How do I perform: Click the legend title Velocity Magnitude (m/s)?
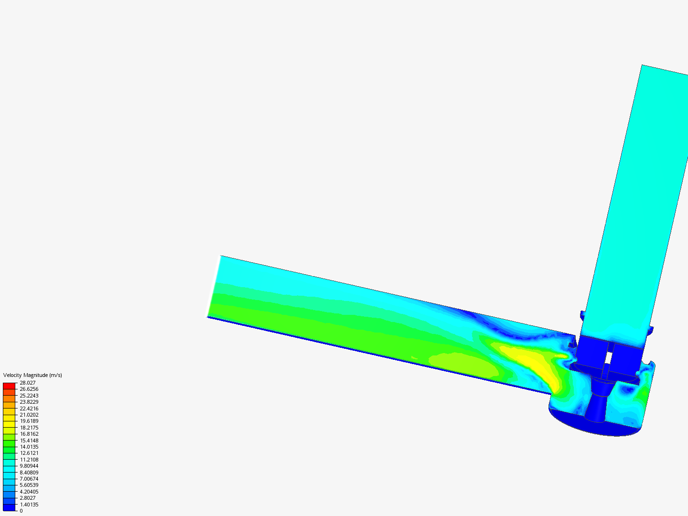click(x=32, y=376)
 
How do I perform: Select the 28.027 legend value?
click(x=28, y=383)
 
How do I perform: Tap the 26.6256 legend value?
click(x=29, y=389)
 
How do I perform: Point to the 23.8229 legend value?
click(x=29, y=402)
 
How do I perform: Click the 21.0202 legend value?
click(x=29, y=415)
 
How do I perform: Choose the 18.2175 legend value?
click(x=29, y=428)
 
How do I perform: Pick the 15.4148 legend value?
click(x=29, y=441)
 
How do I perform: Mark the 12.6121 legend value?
click(x=29, y=453)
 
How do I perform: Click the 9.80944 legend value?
click(x=29, y=466)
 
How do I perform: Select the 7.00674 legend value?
click(x=29, y=479)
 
